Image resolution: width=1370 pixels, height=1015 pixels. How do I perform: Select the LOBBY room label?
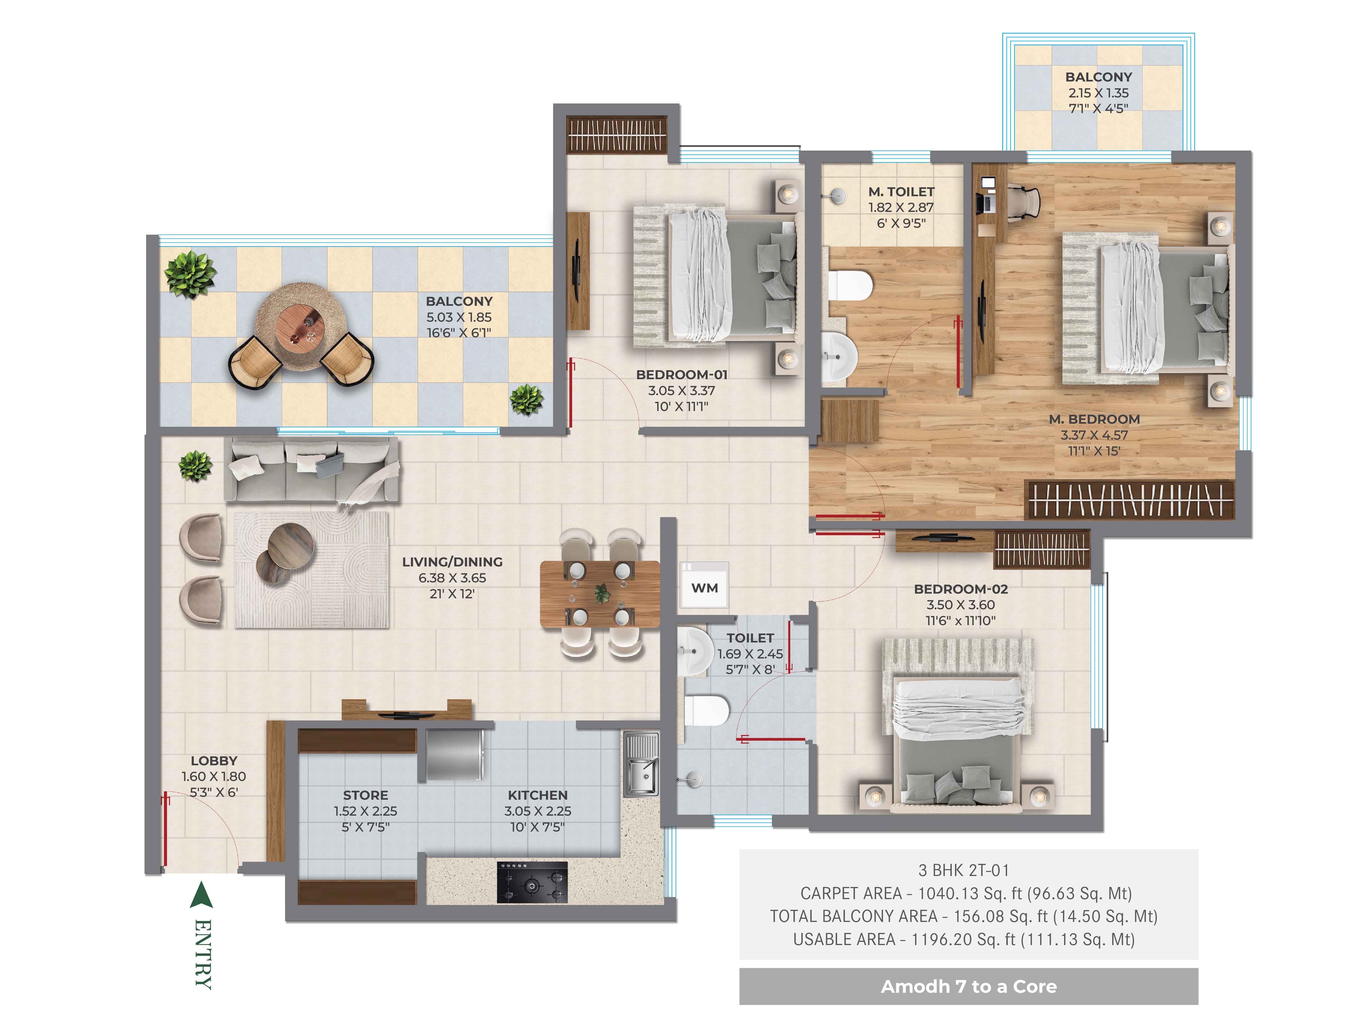coord(214,761)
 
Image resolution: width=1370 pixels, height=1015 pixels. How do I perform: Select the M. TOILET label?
coord(901,192)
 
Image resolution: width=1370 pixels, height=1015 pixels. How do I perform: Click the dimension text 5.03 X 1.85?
coord(459,317)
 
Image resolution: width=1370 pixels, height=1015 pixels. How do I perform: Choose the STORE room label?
coord(365,795)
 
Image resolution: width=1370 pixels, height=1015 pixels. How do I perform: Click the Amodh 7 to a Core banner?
coord(969,986)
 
